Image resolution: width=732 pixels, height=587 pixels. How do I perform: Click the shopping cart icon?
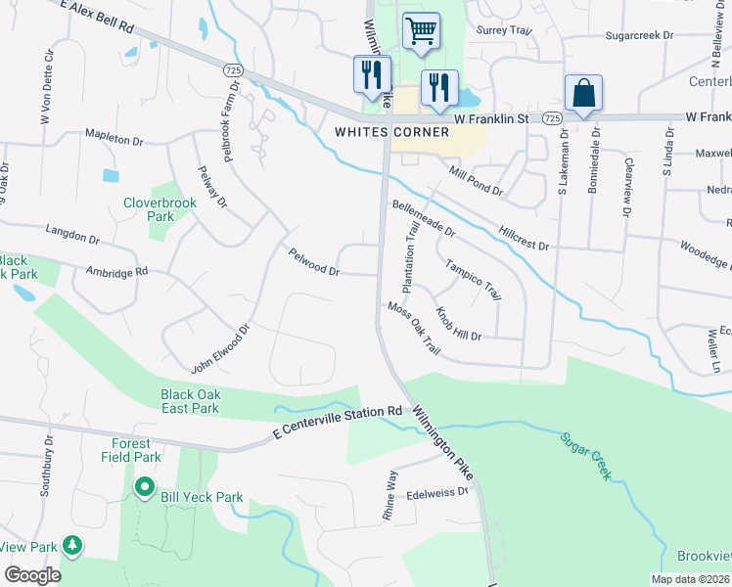(x=421, y=29)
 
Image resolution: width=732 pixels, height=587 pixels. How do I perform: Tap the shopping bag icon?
(x=583, y=94)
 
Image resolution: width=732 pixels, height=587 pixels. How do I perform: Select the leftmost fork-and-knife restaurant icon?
(x=372, y=74)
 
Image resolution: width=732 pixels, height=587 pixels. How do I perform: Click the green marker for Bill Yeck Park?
(x=145, y=485)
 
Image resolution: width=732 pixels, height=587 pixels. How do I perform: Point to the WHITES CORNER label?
(x=391, y=132)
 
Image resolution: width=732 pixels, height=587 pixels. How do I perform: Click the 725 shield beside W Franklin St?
(x=552, y=117)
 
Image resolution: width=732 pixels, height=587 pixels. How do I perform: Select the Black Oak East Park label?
(x=191, y=401)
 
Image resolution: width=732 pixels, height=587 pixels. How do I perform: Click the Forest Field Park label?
(x=130, y=449)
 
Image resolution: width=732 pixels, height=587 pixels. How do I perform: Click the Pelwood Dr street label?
(x=313, y=262)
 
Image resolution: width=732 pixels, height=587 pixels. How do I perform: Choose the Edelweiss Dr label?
(x=437, y=493)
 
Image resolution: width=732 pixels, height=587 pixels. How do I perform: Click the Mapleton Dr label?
(x=114, y=139)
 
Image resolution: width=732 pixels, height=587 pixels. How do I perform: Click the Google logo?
(x=32, y=575)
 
